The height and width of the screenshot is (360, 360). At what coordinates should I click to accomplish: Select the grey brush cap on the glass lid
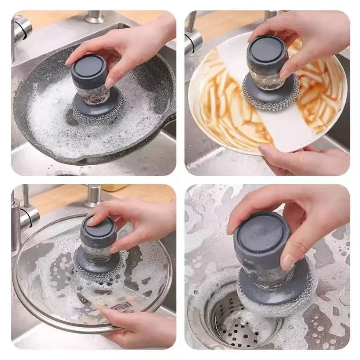click(x=98, y=230)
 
